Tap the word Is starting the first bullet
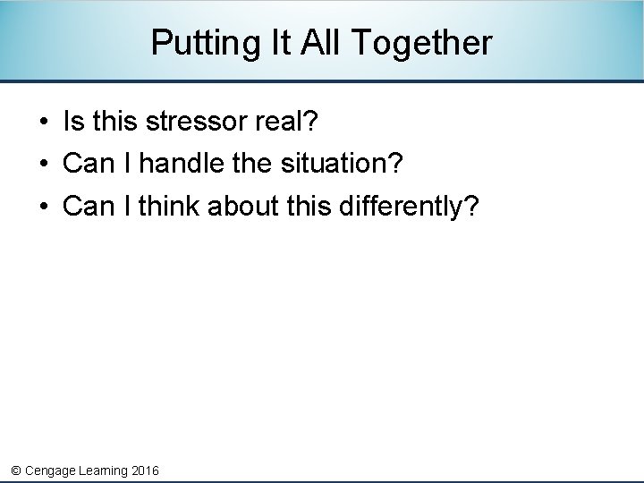(x=72, y=121)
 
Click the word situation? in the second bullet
(x=342, y=164)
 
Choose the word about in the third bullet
(x=244, y=207)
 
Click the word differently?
(x=409, y=207)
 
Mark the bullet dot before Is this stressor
(x=43, y=122)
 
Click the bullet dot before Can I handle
(x=43, y=165)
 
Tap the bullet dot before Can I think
(x=43, y=208)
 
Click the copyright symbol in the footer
(x=15, y=470)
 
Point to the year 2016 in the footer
(x=145, y=470)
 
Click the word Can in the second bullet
(x=85, y=164)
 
